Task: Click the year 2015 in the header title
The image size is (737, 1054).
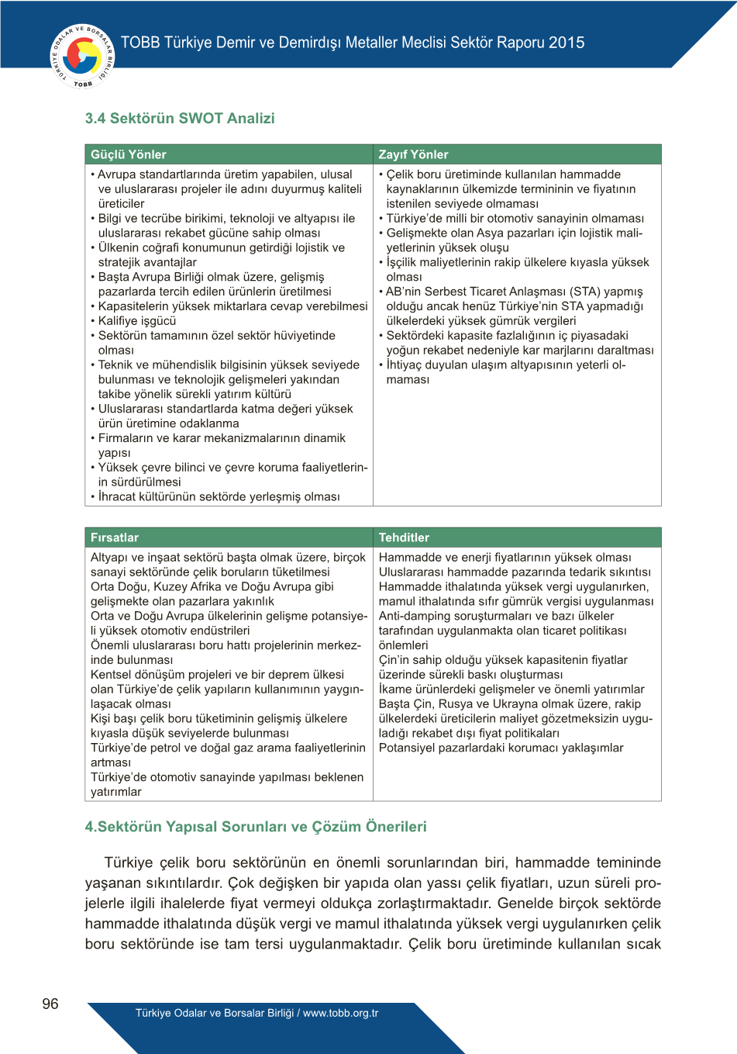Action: [567, 43]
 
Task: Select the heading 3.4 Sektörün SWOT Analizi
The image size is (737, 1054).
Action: [180, 119]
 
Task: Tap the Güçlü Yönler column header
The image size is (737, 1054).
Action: [129, 154]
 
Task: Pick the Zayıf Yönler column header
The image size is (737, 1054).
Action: [413, 154]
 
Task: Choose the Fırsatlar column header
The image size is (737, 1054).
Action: [115, 537]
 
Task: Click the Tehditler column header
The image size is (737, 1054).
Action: [404, 537]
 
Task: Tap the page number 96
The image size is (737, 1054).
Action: [50, 1004]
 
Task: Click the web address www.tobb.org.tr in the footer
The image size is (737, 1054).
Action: [340, 1013]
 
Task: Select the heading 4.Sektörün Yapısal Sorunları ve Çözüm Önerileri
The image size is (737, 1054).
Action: [256, 827]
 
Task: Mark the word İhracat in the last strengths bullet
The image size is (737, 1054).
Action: [119, 497]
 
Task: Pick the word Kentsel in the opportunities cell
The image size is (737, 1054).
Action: [112, 675]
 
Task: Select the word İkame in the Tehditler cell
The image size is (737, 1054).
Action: [396, 689]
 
